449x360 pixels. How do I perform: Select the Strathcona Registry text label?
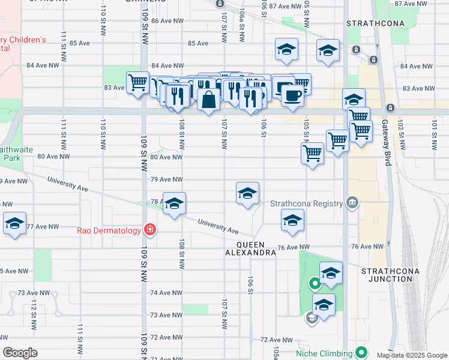(x=307, y=203)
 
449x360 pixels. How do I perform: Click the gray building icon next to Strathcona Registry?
(x=352, y=203)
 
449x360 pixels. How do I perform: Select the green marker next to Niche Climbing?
(x=361, y=352)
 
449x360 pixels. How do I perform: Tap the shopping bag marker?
(x=209, y=100)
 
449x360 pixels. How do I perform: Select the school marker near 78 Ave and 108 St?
(x=174, y=203)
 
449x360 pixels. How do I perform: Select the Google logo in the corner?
(x=20, y=353)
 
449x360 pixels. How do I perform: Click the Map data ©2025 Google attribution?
(x=411, y=355)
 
